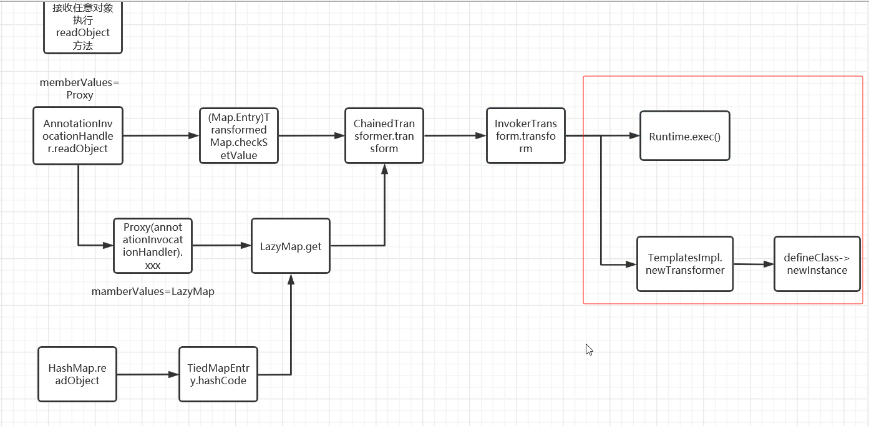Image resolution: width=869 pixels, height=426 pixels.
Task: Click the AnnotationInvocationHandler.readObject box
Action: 78,136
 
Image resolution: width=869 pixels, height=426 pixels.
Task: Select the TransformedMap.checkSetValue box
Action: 238,136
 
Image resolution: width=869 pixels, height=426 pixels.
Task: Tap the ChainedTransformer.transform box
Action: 384,136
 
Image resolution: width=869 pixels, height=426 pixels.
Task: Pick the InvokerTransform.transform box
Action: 526,136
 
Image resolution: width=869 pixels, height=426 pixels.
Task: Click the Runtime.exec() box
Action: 684,136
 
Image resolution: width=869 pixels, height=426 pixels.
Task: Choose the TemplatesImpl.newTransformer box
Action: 685,264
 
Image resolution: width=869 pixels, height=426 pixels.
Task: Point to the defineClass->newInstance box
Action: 817,264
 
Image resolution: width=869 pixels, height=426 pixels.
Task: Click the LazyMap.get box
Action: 291,246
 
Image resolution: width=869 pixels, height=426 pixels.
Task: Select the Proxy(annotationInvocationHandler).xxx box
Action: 153,246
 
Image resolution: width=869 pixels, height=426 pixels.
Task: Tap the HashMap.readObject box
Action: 77,374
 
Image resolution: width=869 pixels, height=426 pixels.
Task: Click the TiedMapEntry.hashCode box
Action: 218,374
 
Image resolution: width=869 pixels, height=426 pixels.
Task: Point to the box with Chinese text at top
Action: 82,26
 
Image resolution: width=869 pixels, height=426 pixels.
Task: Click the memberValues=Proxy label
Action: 79,89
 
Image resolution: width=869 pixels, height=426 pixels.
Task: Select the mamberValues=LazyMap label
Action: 153,291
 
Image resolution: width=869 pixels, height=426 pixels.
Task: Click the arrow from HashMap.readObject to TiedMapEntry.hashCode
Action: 147,374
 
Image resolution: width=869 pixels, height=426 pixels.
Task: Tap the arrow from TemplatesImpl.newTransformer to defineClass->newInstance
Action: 754,264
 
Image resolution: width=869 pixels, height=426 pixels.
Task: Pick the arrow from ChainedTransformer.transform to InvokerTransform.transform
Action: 455,135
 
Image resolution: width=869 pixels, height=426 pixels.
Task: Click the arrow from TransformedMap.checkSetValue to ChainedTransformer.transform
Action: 311,135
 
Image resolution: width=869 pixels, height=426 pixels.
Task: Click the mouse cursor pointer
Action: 588,349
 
